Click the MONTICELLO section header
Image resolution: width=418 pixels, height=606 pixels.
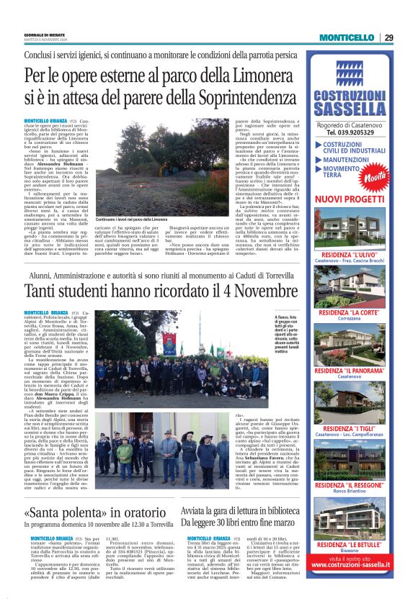(x=346, y=37)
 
